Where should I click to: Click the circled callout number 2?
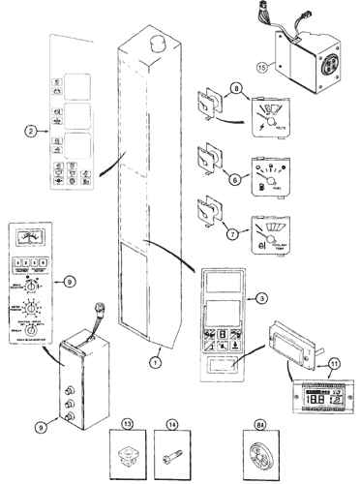31,129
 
